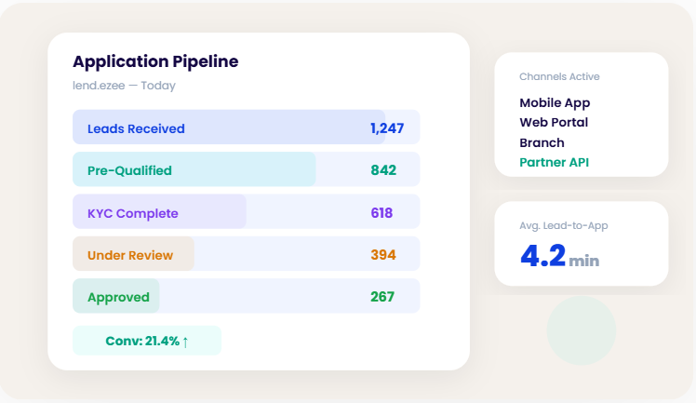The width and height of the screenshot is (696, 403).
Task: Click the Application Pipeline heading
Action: [155, 61]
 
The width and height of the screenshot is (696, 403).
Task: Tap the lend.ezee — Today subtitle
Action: [124, 86]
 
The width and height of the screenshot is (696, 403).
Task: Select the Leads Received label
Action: [136, 128]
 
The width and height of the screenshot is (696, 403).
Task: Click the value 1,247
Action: [387, 128]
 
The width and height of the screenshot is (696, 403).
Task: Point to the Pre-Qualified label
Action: [129, 170]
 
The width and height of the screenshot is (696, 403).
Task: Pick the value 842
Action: [383, 170]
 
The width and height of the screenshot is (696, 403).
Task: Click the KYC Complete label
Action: [132, 213]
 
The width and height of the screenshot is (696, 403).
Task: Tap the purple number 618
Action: [381, 213]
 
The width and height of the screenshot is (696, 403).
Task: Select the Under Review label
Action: [131, 255]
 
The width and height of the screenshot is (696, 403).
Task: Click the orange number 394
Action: [383, 255]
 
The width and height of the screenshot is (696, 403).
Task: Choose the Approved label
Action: [118, 297]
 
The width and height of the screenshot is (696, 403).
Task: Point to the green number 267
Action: [382, 297]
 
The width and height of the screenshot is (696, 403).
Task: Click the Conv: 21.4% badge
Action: [147, 341]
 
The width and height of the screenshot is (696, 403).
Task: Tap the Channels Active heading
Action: [559, 76]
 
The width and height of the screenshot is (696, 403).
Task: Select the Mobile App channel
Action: [555, 102]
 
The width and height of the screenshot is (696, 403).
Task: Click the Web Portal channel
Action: [554, 122]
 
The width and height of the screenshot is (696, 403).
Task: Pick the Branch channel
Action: [542, 142]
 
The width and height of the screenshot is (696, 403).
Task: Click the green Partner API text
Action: [555, 162]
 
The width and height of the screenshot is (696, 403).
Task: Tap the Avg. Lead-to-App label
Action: [563, 225]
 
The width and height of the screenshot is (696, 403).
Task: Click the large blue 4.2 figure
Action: [542, 255]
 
